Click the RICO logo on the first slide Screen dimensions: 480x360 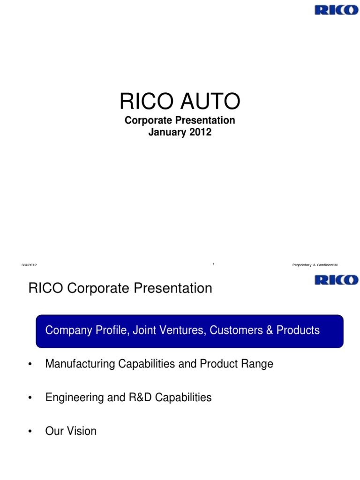pos(336,9)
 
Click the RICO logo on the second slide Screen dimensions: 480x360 pos(336,280)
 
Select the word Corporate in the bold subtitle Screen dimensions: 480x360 pos(146,120)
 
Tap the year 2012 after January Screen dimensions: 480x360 pos(201,132)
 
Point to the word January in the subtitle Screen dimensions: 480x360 pos(168,132)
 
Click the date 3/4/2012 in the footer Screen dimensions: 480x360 pos(29,265)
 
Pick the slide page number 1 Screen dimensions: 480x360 pos(213,264)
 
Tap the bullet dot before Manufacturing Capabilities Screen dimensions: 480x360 pos(30,364)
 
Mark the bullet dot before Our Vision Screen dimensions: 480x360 pos(30,432)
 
